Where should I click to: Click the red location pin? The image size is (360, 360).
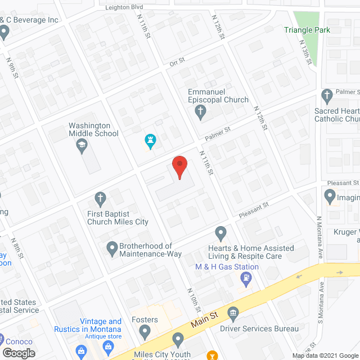[179, 167]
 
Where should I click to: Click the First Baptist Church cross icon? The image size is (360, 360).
[100, 197]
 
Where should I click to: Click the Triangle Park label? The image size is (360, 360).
[307, 30]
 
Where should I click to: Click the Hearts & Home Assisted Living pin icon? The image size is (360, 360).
[221, 232]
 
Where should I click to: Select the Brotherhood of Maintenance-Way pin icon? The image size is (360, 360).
[111, 246]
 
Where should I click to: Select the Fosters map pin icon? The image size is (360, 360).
[145, 333]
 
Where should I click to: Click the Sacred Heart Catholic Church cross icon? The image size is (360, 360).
[327, 94]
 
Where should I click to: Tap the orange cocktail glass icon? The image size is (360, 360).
[212, 355]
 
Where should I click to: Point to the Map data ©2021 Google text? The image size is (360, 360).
[325, 355]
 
